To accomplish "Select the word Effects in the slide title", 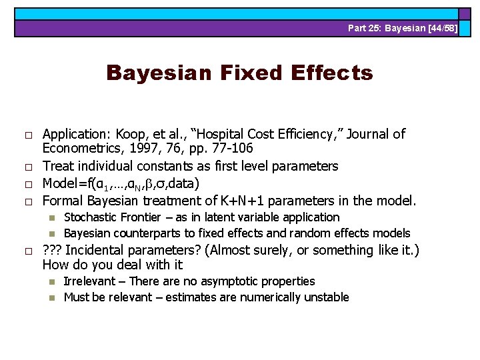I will [x=329, y=73].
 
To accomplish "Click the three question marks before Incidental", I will [x=52, y=251].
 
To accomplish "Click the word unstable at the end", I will [x=327, y=297].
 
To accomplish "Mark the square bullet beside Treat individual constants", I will [x=29, y=167].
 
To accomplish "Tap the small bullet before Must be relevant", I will [x=52, y=298].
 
